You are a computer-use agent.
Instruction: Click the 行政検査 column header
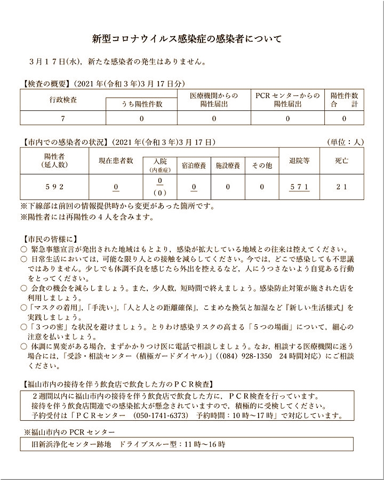pos(63,99)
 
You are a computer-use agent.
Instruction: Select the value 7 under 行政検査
pos(63,118)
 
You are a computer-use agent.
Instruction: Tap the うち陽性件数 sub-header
pos(141,105)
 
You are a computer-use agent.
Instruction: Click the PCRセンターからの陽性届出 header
pos(287,100)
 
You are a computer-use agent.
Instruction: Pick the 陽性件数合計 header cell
pos(344,100)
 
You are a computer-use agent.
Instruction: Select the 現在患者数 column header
pos(116,161)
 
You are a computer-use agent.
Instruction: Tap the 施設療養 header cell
pos(228,166)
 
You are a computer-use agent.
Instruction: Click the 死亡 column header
pos(342,161)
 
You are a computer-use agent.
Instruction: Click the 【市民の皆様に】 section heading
pos(51,238)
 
